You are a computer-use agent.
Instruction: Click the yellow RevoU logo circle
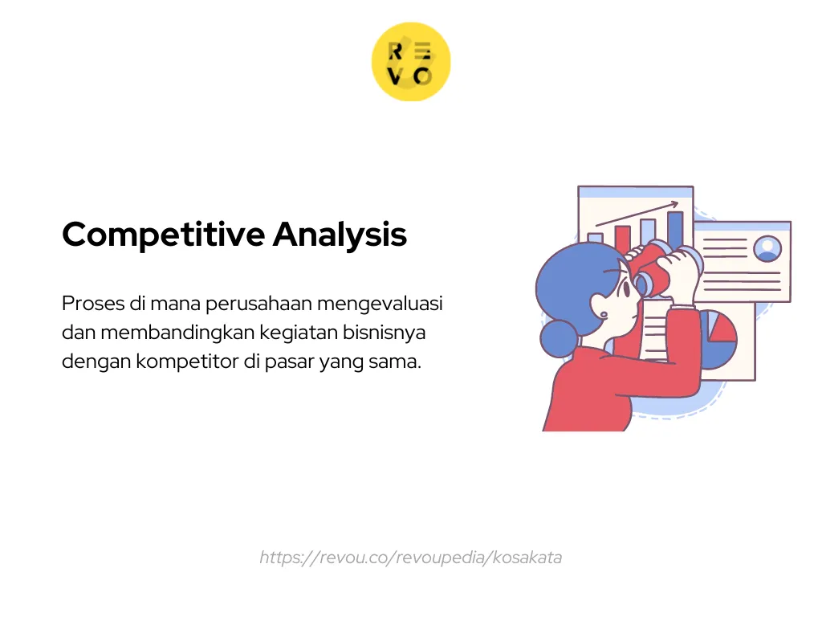pyautogui.click(x=411, y=62)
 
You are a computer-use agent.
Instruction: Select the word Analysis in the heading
pyautogui.click(x=340, y=235)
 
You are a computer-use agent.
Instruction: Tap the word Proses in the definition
pyautogui.click(x=93, y=303)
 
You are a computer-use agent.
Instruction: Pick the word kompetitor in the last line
pyautogui.click(x=187, y=362)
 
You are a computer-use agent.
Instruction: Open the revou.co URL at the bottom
pyautogui.click(x=410, y=558)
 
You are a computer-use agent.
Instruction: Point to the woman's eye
pyautogui.click(x=625, y=287)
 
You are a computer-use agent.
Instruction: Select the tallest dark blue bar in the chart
pyautogui.click(x=675, y=229)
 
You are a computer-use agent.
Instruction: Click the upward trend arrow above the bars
pyautogui.click(x=637, y=214)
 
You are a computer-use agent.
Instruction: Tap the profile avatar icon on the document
pyautogui.click(x=767, y=247)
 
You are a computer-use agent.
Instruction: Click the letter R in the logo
pyautogui.click(x=395, y=51)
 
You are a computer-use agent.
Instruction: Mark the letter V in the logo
pyautogui.click(x=395, y=76)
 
